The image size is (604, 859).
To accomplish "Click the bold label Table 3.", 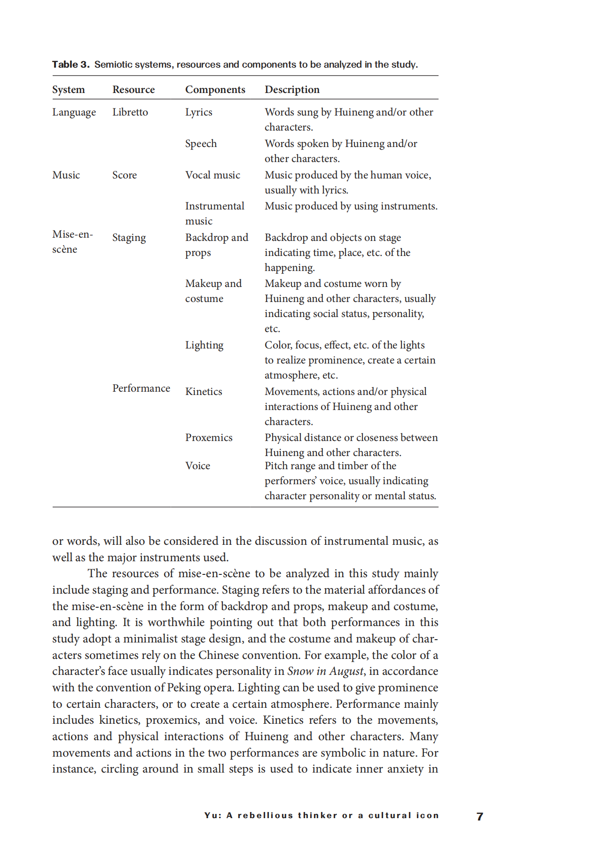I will pyautogui.click(x=71, y=64).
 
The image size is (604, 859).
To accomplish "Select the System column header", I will pyautogui.click(x=69, y=89).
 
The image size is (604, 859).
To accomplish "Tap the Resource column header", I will pyautogui.click(x=133, y=89).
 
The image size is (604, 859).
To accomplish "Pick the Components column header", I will pyautogui.click(x=215, y=89).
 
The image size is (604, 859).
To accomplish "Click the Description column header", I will pyautogui.click(x=292, y=89).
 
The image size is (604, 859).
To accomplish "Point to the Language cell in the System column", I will pyautogui.click(x=74, y=112).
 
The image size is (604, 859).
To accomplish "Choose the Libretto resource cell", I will pyautogui.click(x=130, y=112).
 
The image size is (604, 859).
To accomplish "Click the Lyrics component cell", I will pyautogui.click(x=199, y=112).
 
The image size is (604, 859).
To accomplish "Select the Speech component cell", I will pyautogui.click(x=201, y=144).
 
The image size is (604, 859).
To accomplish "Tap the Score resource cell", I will pyautogui.click(x=125, y=175).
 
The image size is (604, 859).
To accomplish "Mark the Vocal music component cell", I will pyautogui.click(x=212, y=175).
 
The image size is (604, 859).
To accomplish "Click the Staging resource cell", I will pyautogui.click(x=129, y=238).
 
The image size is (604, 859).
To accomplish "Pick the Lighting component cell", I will pyautogui.click(x=204, y=345).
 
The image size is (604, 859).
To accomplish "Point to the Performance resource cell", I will pyautogui.click(x=141, y=388).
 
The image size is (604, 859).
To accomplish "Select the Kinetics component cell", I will pyautogui.click(x=204, y=392).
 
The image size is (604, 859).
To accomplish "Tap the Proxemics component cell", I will pyautogui.click(x=209, y=438).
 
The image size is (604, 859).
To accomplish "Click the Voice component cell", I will pyautogui.click(x=197, y=466).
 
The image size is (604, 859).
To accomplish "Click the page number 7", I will pyautogui.click(x=479, y=817).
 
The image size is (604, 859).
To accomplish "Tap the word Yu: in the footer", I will pyautogui.click(x=212, y=815).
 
